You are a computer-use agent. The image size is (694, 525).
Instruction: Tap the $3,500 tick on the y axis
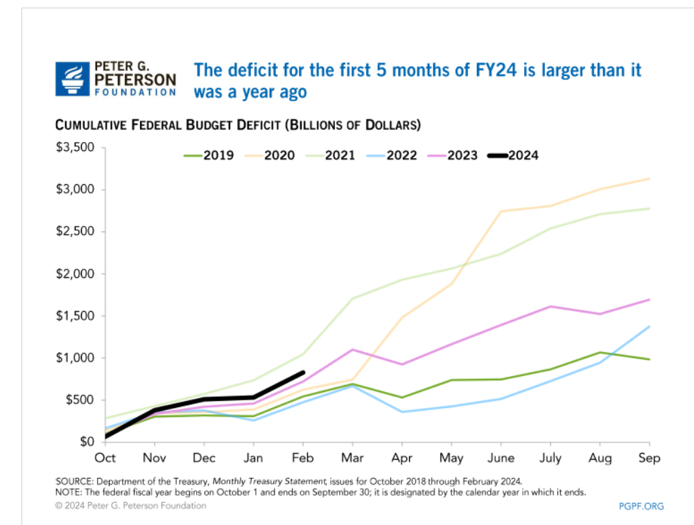coord(77,148)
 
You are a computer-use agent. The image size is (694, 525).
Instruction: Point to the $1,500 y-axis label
coord(77,316)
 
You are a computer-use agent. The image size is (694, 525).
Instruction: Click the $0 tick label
coord(86,442)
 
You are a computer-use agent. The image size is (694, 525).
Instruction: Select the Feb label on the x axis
coord(303,459)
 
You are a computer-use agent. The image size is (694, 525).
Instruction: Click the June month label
coord(501,459)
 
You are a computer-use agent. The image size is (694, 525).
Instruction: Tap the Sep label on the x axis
coord(650,459)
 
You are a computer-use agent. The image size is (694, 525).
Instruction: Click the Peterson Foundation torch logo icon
coord(71,78)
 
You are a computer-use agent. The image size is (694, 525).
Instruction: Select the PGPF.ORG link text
coord(641,506)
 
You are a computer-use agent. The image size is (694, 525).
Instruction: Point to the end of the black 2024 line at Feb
coord(303,373)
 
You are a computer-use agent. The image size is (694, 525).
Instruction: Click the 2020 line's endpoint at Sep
coord(650,178)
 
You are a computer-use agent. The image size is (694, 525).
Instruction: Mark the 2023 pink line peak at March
coord(353,349)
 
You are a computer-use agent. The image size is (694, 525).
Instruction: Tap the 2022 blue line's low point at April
coord(402,412)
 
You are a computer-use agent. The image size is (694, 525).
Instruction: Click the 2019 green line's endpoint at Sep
coord(650,359)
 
